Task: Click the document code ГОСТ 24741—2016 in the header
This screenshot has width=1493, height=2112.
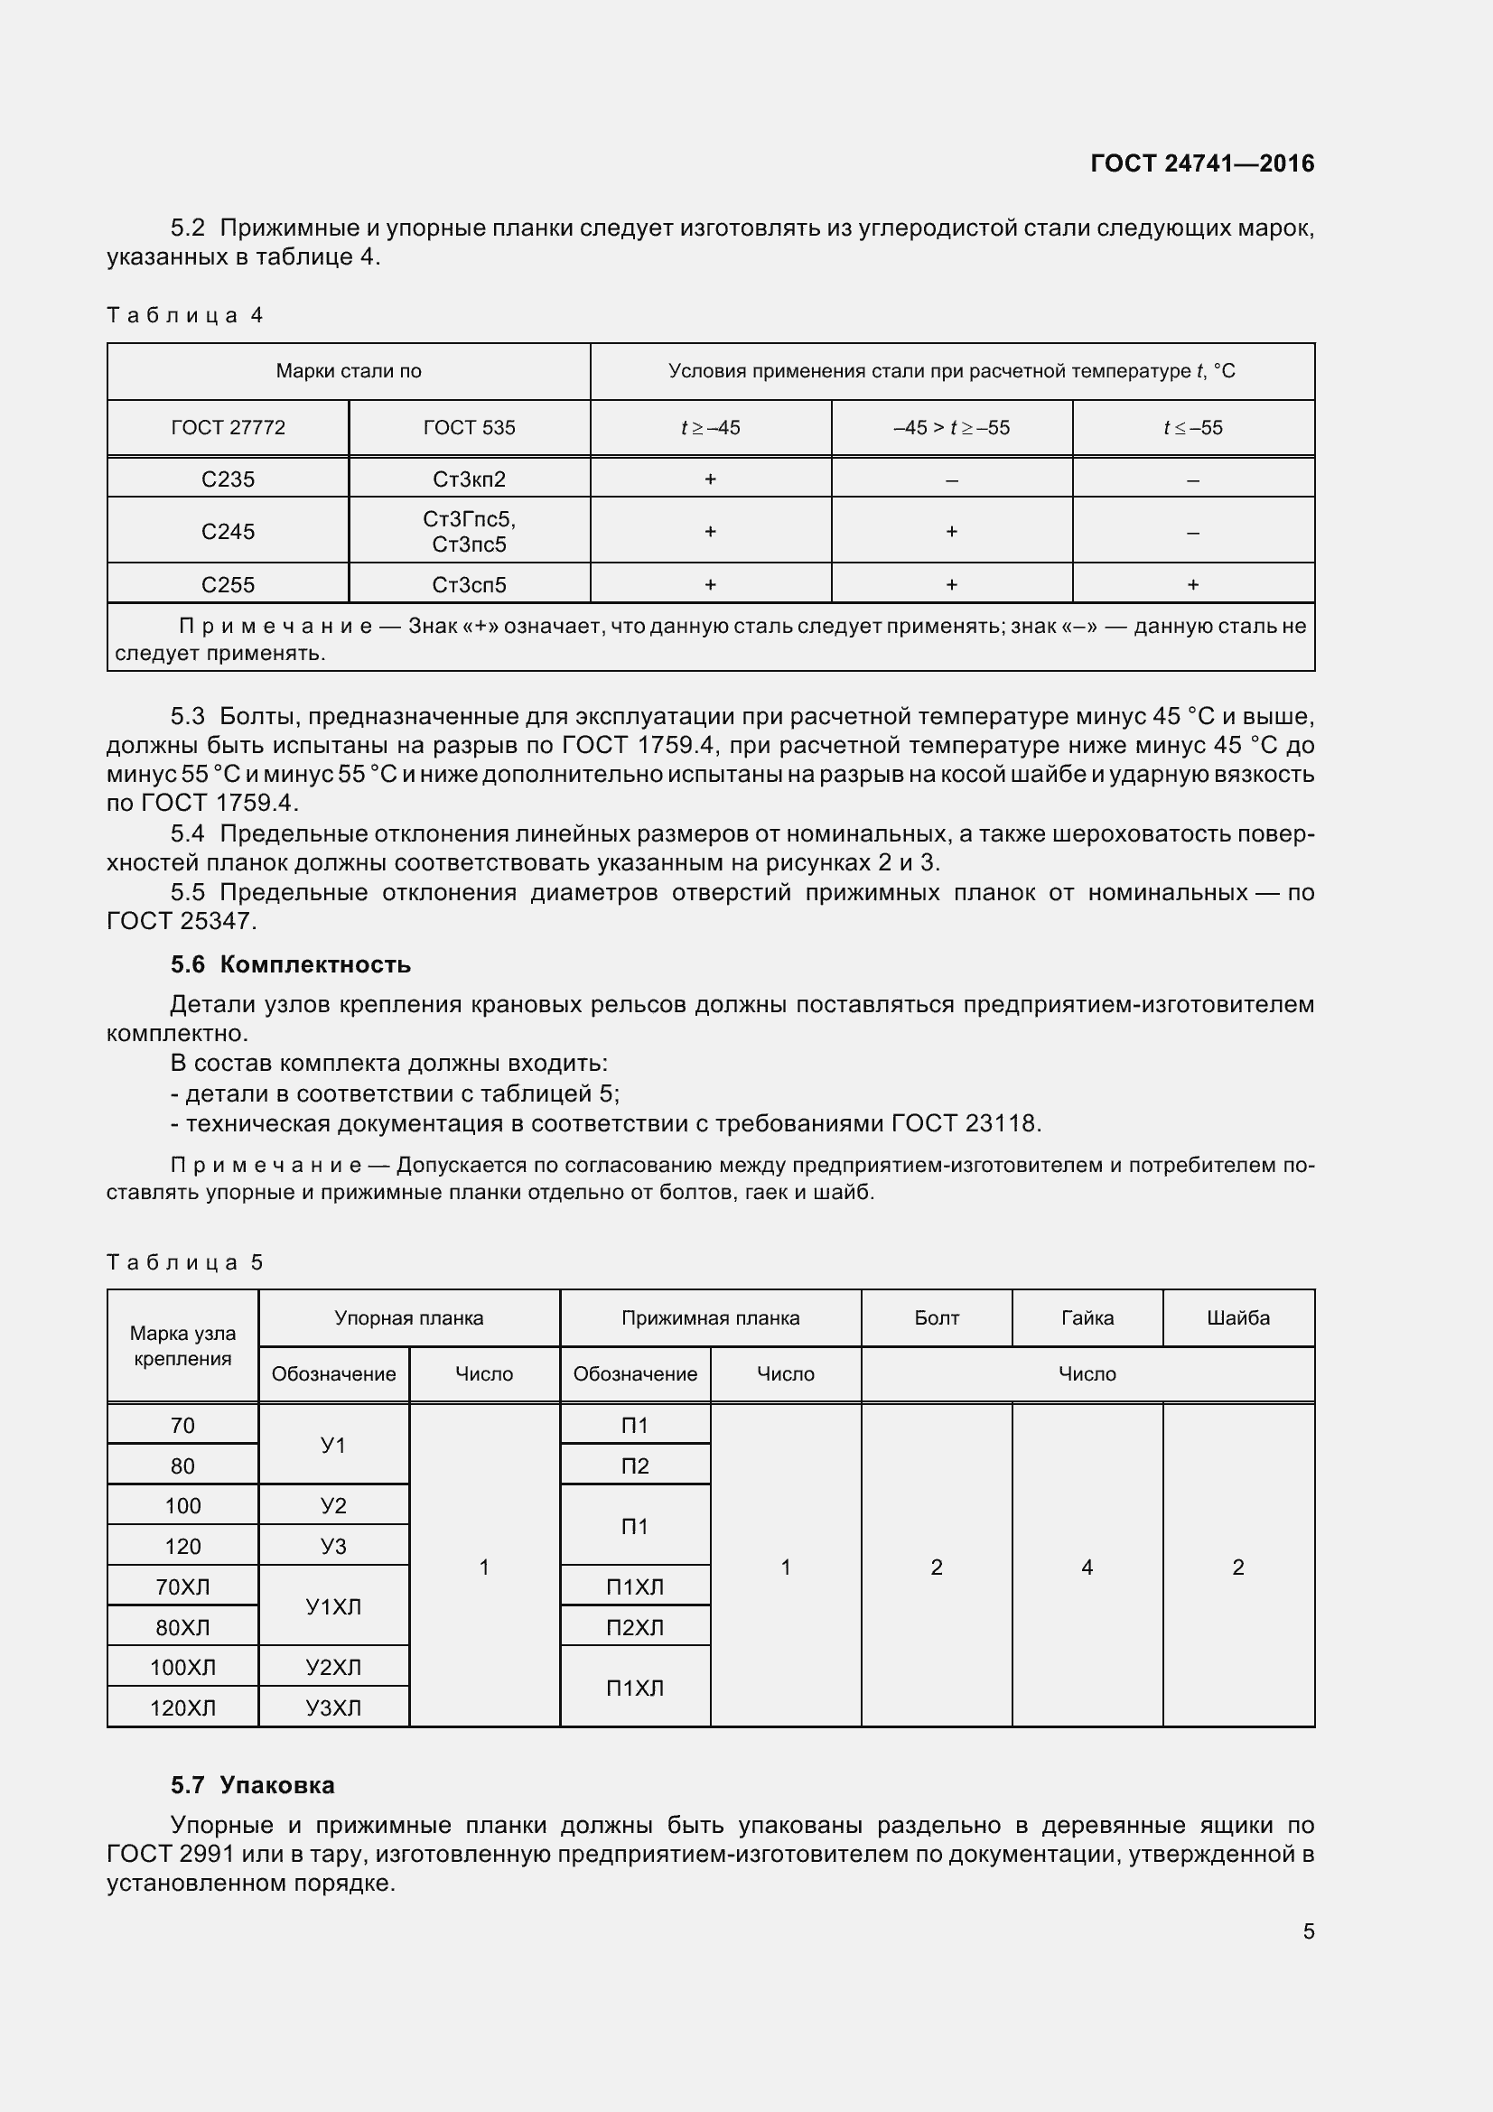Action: pyautogui.click(x=1201, y=163)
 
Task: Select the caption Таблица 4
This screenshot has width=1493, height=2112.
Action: pyautogui.click(x=185, y=315)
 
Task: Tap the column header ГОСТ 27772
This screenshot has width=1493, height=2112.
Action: pyautogui.click(x=229, y=428)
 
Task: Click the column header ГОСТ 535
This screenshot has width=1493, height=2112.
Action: pyautogui.click(x=469, y=428)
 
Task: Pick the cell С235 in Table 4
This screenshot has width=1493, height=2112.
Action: pyautogui.click(x=229, y=479)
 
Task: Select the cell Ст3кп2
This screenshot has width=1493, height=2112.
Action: pyautogui.click(x=469, y=479)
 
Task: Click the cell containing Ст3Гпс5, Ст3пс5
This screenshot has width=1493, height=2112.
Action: pyautogui.click(x=469, y=532)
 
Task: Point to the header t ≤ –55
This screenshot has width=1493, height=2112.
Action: pyautogui.click(x=1192, y=428)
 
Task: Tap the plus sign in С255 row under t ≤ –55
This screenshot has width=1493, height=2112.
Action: pyautogui.click(x=1192, y=585)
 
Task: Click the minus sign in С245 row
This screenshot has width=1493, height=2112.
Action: pyautogui.click(x=1192, y=533)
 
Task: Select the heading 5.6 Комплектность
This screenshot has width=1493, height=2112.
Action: pyautogui.click(x=290, y=965)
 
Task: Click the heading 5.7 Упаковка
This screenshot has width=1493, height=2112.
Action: pyautogui.click(x=252, y=1785)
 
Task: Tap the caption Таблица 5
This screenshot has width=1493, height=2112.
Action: pyautogui.click(x=185, y=1262)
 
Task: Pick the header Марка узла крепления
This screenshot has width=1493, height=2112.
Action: pyautogui.click(x=182, y=1345)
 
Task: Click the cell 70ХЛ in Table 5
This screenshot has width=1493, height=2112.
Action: pyautogui.click(x=182, y=1586)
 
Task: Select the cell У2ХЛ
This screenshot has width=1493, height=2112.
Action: pyautogui.click(x=333, y=1668)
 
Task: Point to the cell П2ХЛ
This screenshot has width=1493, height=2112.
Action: pyautogui.click(x=635, y=1627)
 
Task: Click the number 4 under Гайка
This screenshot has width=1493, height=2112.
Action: pyautogui.click(x=1087, y=1568)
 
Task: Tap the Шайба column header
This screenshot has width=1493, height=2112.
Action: pyautogui.click(x=1237, y=1318)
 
